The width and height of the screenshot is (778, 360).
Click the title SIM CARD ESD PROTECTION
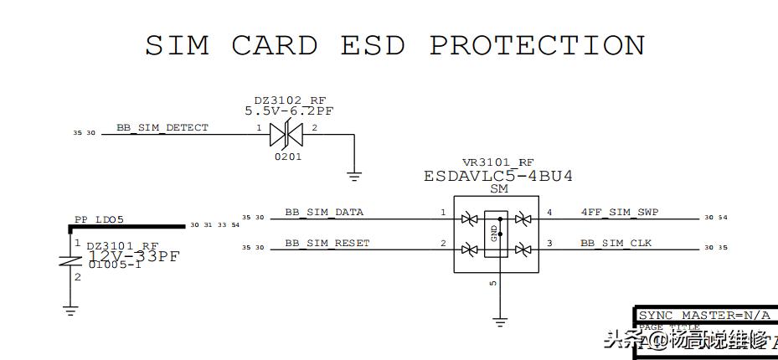tap(395, 45)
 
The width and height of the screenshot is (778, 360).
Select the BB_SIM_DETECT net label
tap(162, 128)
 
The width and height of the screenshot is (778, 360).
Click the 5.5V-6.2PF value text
tap(290, 111)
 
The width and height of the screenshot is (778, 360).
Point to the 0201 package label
tap(289, 157)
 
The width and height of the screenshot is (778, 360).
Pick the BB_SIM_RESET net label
tap(327, 244)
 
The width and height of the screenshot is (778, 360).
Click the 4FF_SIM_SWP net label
tap(619, 213)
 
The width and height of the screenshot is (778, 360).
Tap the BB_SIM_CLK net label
tap(616, 244)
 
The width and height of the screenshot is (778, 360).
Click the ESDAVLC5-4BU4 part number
tap(498, 177)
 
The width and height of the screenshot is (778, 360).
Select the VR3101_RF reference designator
tap(497, 162)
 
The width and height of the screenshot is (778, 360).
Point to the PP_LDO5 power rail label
tap(99, 220)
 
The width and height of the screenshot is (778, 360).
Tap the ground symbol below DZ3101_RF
tap(70, 311)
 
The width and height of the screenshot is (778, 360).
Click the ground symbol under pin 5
tap(499, 321)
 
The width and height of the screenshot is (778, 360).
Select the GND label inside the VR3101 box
tap(494, 232)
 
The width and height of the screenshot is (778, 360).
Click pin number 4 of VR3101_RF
tap(549, 213)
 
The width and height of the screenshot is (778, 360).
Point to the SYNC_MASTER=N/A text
tap(703, 316)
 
